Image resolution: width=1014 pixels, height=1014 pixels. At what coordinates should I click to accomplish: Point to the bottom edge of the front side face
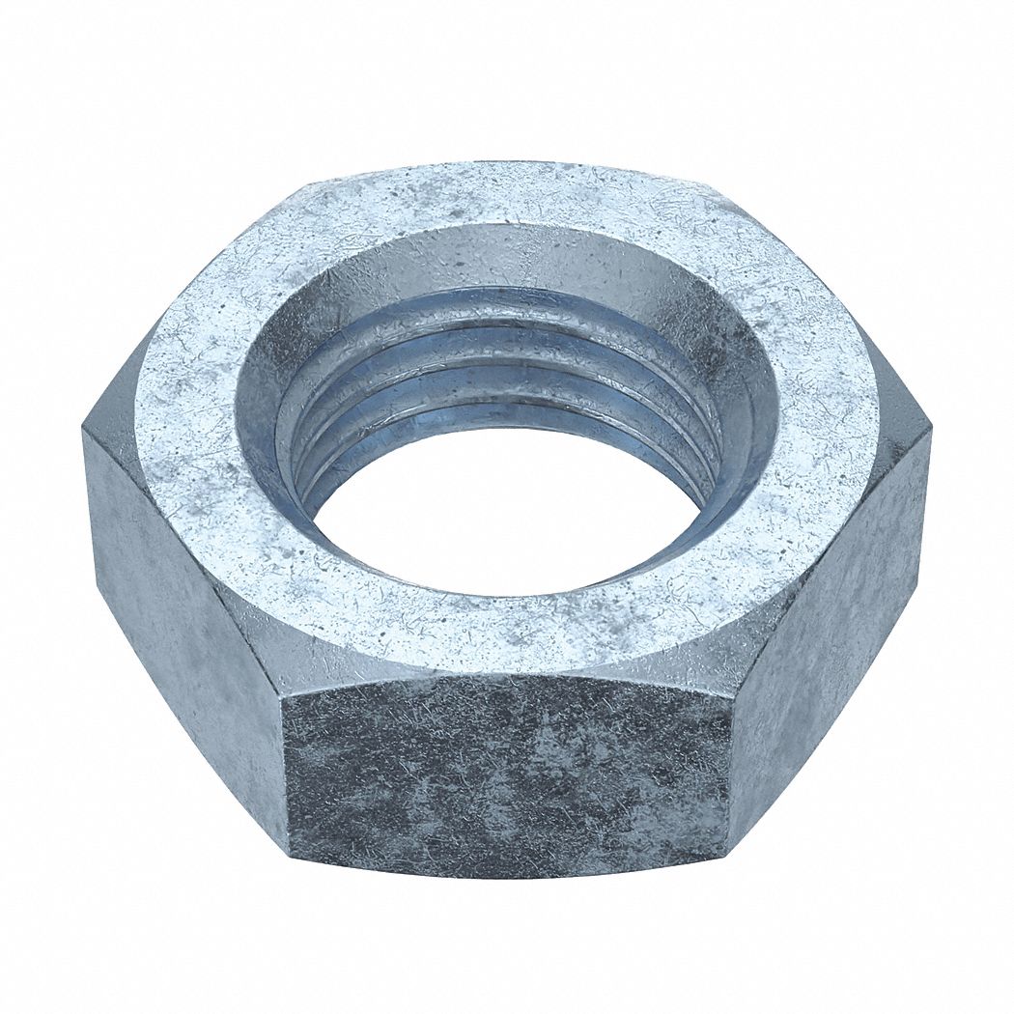[507, 874]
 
